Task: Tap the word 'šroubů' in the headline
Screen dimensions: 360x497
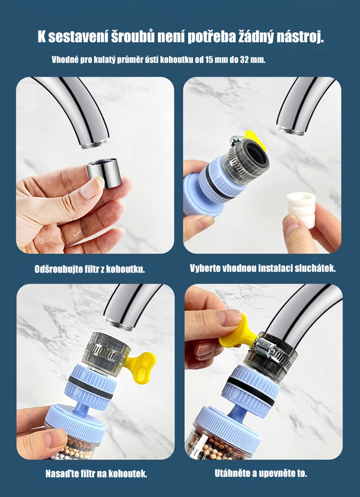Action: tap(133, 37)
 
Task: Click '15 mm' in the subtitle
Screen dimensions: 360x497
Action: tap(216, 60)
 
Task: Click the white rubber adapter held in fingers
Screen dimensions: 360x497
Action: tap(301, 209)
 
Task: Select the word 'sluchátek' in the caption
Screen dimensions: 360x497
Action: tap(315, 268)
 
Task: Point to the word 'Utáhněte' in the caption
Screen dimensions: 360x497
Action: tap(233, 473)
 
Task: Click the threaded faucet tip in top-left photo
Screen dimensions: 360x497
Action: tap(96, 143)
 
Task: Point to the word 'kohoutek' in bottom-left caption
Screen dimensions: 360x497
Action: tap(128, 474)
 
